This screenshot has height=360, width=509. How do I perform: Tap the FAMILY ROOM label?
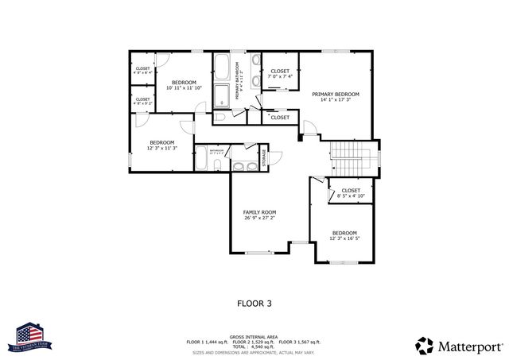pos(259,212)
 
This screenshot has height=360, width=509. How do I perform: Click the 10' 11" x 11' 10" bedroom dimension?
pos(184,88)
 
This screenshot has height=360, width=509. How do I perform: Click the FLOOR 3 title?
pos(254,303)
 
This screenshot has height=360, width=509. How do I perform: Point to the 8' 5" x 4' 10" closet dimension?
pos(351,196)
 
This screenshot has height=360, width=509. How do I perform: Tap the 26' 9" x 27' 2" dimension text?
pos(259,219)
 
